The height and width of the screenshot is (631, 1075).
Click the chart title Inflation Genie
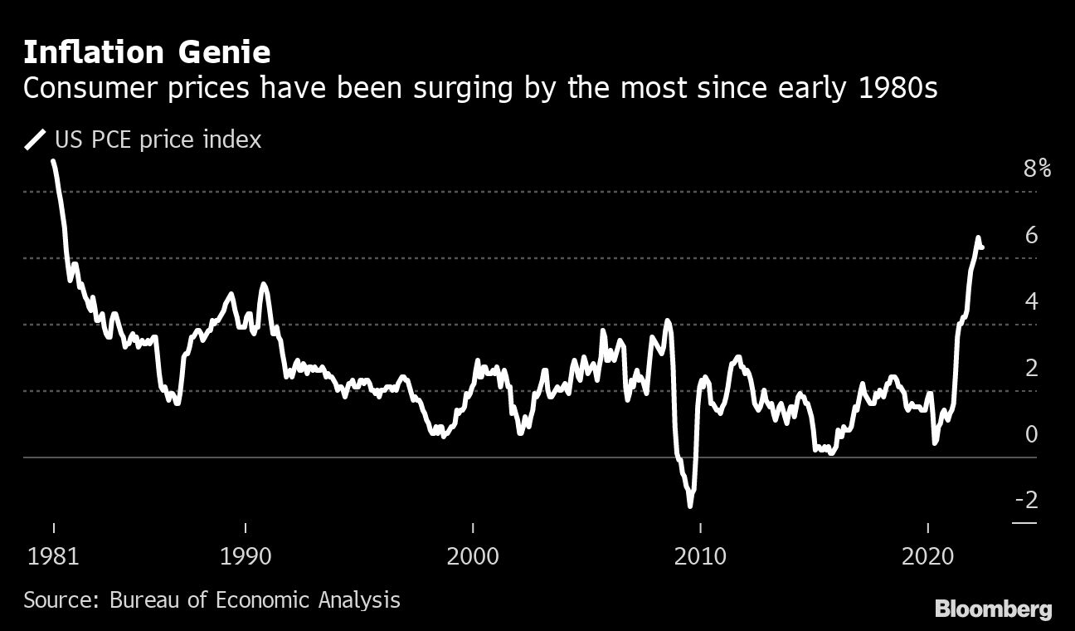147,53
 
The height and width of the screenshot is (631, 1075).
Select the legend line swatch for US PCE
36,139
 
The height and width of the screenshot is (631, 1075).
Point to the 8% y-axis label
1037,169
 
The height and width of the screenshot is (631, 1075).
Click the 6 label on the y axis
1031,236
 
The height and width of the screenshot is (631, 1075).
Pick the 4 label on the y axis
1031,301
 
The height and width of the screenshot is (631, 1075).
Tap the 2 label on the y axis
1031,368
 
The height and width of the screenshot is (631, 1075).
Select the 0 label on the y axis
1031,434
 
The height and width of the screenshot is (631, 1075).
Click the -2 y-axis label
1026,500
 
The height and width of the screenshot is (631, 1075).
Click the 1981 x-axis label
54,555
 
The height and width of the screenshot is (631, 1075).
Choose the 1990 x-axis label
246,555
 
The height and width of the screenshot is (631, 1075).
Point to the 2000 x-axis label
473,555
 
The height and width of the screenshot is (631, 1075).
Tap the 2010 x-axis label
700,555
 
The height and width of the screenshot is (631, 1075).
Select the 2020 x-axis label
927,555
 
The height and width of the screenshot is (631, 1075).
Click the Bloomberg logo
993,609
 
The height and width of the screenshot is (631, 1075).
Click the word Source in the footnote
55,599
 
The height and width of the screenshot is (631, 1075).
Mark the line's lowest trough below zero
690,504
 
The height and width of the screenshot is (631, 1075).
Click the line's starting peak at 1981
54,162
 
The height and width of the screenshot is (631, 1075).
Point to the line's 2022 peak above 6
978,238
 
